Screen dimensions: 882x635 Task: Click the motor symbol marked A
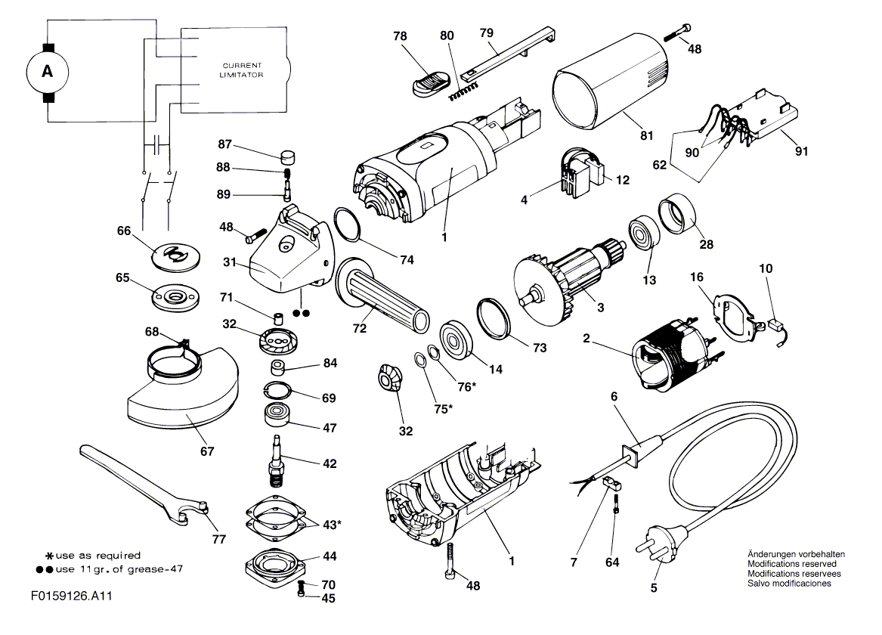(x=48, y=71)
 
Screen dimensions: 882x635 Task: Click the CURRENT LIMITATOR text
(x=242, y=70)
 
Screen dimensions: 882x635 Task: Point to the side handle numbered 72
(x=382, y=296)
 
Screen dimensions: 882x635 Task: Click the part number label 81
(x=647, y=135)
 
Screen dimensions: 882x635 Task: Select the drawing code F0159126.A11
(x=72, y=596)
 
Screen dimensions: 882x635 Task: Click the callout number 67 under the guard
(x=207, y=451)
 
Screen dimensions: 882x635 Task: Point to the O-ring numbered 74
(x=348, y=223)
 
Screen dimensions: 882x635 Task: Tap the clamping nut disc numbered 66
(x=175, y=253)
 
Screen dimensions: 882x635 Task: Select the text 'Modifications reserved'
(x=791, y=564)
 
